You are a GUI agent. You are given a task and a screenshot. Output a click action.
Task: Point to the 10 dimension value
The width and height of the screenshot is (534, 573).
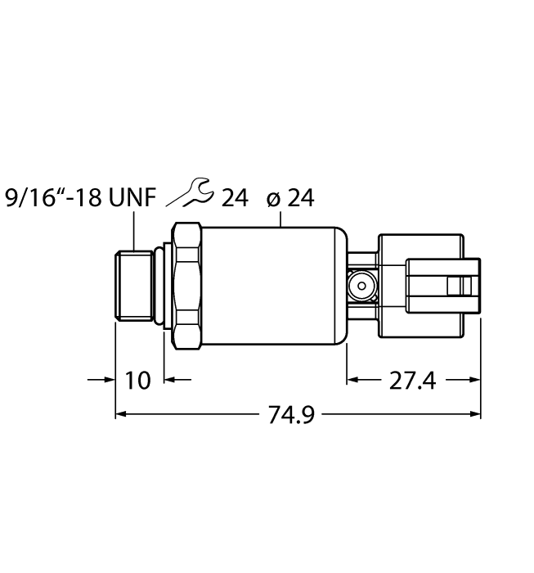click(139, 381)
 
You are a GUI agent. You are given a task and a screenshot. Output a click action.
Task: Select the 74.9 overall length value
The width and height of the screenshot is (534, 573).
click(291, 416)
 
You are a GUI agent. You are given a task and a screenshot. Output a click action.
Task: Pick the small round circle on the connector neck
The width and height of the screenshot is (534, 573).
click(357, 286)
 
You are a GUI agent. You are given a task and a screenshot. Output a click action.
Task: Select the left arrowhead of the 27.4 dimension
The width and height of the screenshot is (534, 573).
click(354, 380)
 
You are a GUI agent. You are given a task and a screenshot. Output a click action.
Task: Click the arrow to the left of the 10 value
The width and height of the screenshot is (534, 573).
click(107, 380)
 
